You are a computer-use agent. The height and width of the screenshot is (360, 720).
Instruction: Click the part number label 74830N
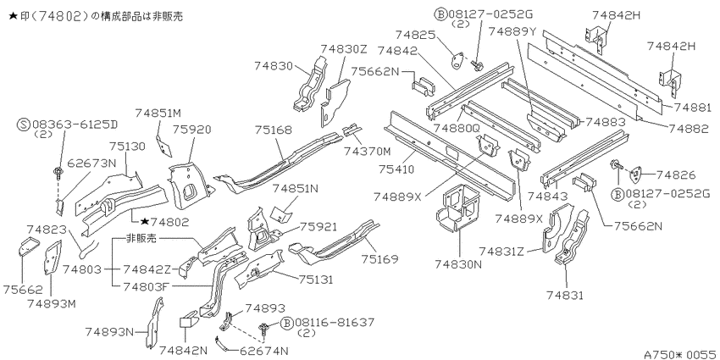click(x=459, y=264)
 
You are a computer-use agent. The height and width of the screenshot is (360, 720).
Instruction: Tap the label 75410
click(x=396, y=169)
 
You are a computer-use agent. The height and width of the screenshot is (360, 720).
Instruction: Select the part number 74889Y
click(x=512, y=31)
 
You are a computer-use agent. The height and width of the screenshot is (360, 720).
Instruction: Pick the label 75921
click(x=318, y=227)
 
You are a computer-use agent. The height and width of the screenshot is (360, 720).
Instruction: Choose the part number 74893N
click(x=110, y=331)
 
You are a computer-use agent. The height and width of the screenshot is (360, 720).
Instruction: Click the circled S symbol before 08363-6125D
click(x=24, y=125)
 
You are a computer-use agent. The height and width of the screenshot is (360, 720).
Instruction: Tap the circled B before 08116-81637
click(x=287, y=323)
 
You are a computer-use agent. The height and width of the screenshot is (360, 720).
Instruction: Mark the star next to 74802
click(x=145, y=222)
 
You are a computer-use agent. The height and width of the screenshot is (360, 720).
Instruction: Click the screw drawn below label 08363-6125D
click(x=58, y=172)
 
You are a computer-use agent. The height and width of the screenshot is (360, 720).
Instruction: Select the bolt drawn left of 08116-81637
click(x=264, y=329)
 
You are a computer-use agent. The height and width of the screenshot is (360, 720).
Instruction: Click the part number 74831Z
click(x=502, y=252)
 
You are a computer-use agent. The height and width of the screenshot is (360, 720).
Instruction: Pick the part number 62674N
click(x=263, y=352)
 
